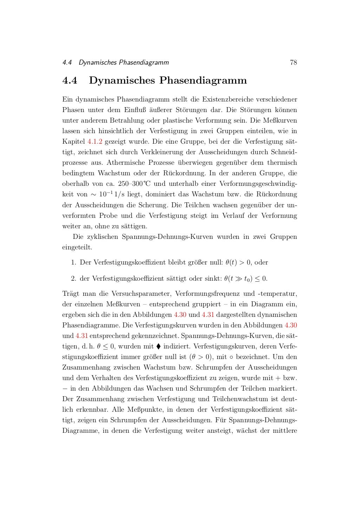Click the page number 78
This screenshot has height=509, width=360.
coord(293,63)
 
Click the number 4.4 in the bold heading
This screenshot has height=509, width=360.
coord(70,80)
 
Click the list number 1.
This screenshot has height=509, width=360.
coord(73,262)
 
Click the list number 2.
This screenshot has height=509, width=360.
coord(73,279)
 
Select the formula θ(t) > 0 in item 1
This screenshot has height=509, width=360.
coord(238,262)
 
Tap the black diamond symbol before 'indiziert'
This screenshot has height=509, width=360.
coord(158,346)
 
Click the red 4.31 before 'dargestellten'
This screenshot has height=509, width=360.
coord(208,315)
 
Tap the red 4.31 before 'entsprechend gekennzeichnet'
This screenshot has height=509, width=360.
coord(82,336)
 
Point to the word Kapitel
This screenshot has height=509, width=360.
coord(73,142)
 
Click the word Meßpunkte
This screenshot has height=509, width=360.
coord(145,410)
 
